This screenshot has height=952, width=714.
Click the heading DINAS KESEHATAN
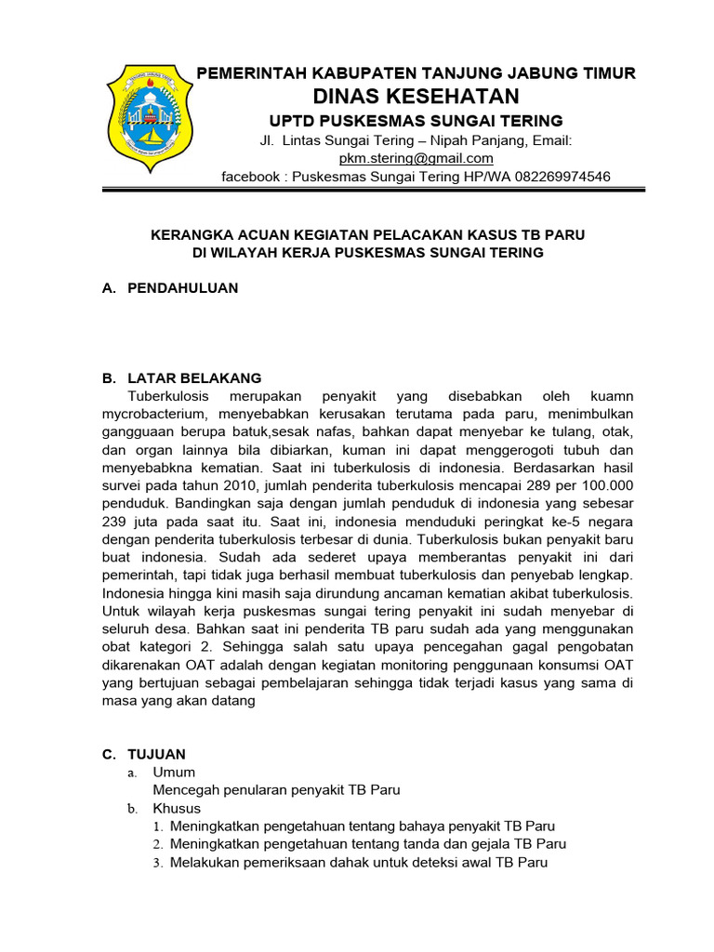tap(416, 97)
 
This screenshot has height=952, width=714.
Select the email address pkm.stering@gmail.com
tap(416, 158)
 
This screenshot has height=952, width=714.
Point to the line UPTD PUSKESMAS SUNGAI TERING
tap(416, 121)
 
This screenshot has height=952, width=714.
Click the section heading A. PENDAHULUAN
tap(170, 288)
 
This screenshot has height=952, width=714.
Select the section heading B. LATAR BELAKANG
tap(181, 378)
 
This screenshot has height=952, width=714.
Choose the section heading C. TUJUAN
tap(144, 754)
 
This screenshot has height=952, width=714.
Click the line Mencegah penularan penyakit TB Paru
tap(276, 790)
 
